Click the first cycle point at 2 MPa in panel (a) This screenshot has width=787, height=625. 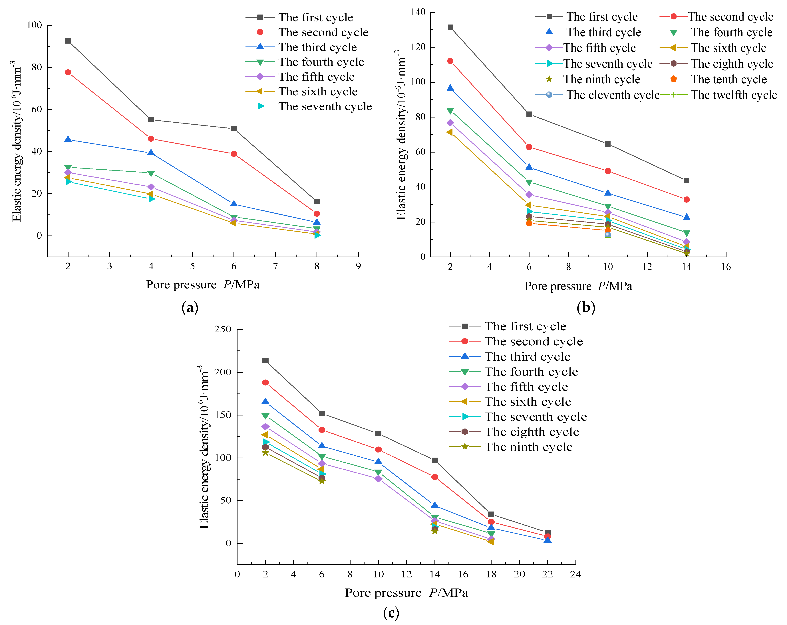(68, 41)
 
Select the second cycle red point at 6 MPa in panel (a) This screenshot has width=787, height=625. (234, 154)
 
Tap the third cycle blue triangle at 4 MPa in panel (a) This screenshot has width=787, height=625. (151, 153)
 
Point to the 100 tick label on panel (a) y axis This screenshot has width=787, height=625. (34, 25)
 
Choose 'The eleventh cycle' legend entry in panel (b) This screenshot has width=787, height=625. (613, 95)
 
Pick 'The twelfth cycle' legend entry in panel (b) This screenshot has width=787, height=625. (734, 95)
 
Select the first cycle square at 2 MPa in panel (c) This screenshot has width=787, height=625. (265, 360)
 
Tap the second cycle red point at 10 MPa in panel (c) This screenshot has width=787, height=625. (378, 450)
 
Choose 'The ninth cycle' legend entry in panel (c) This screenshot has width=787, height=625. (528, 447)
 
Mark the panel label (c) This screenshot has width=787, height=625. (391, 613)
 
